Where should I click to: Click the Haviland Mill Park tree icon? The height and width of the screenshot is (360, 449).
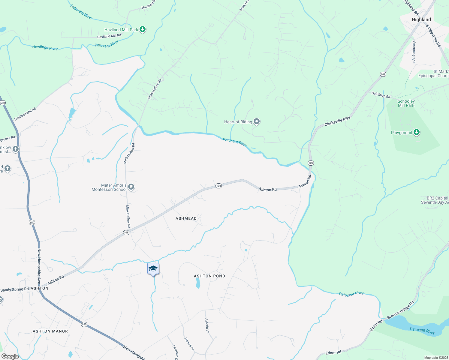pyautogui.click(x=143, y=29)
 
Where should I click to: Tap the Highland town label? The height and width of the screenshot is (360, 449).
pyautogui.click(x=421, y=19)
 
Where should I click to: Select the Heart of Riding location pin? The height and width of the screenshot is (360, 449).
pyautogui.click(x=257, y=121)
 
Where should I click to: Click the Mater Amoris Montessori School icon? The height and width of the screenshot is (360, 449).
pyautogui.click(x=131, y=187)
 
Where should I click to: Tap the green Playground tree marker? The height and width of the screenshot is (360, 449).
pyautogui.click(x=416, y=132)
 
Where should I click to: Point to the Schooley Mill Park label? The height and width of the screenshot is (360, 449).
pyautogui.click(x=406, y=103)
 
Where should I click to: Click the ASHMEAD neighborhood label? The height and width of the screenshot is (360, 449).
pyautogui.click(x=186, y=218)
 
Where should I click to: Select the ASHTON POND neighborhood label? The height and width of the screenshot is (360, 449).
pyautogui.click(x=209, y=276)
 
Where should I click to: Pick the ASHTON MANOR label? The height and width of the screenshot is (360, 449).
pyautogui.click(x=50, y=331)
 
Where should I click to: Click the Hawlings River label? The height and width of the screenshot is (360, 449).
pyautogui.click(x=45, y=47)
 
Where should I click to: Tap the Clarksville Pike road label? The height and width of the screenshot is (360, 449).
pyautogui.click(x=337, y=121)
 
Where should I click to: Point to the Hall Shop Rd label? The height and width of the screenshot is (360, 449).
pyautogui.click(x=381, y=95)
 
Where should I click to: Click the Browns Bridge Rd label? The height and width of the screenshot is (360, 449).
pyautogui.click(x=400, y=310)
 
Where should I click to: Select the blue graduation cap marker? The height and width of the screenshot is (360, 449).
pyautogui.click(x=153, y=268)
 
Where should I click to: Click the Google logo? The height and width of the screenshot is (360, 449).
pyautogui.click(x=10, y=356)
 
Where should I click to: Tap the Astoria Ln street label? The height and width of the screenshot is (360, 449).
pyautogui.click(x=206, y=326)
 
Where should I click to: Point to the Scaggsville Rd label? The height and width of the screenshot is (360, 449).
pyautogui.click(x=433, y=35)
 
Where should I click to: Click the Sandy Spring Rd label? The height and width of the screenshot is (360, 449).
pyautogui.click(x=15, y=289)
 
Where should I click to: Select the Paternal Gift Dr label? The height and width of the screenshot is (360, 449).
pyautogui.click(x=414, y=52)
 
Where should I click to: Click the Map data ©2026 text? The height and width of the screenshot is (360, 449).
pyautogui.click(x=436, y=358)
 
